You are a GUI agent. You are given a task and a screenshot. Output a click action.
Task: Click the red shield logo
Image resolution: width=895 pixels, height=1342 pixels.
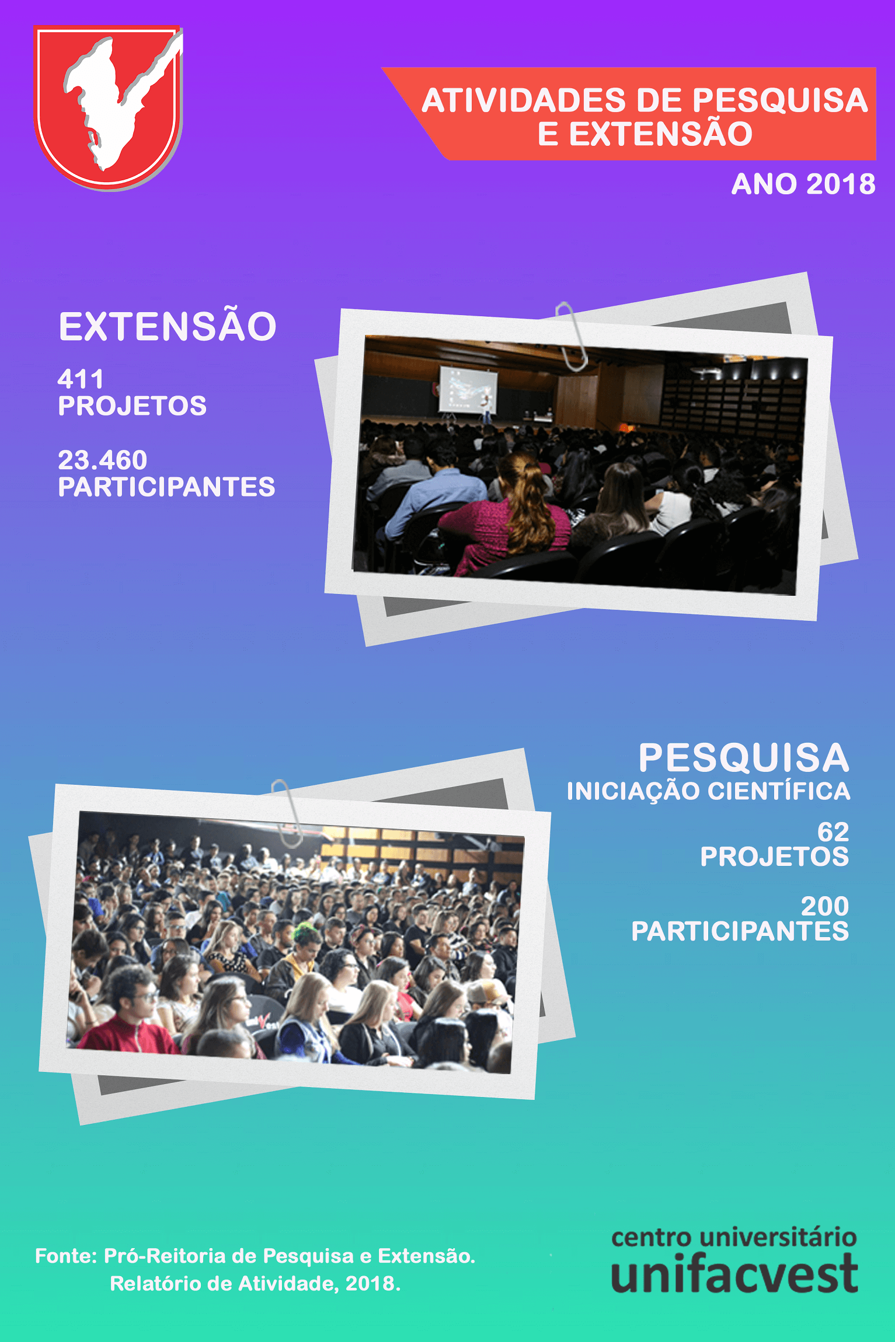(109, 108)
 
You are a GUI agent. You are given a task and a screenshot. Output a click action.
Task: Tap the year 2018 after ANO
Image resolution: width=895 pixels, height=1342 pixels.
(841, 184)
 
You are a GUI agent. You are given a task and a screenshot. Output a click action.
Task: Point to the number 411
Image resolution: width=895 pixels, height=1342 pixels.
(80, 379)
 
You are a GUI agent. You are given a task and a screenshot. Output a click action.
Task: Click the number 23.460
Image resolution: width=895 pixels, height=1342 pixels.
(103, 460)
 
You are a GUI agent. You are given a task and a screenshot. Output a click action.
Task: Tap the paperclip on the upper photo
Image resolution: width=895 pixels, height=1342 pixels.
(572, 336)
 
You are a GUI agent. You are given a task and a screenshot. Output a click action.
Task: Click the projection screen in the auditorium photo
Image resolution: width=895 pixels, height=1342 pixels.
(468, 388)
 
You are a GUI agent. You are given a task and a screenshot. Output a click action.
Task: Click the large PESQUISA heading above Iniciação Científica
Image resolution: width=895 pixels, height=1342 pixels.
(744, 757)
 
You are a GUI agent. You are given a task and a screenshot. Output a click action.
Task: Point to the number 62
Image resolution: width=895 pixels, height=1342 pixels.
(833, 831)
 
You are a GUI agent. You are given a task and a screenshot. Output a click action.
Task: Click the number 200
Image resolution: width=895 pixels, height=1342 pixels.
(825, 906)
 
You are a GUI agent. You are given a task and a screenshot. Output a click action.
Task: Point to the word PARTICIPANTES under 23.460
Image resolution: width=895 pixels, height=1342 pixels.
(166, 487)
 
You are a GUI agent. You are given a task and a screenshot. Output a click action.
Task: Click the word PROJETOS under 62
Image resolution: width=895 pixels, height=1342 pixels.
(775, 857)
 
